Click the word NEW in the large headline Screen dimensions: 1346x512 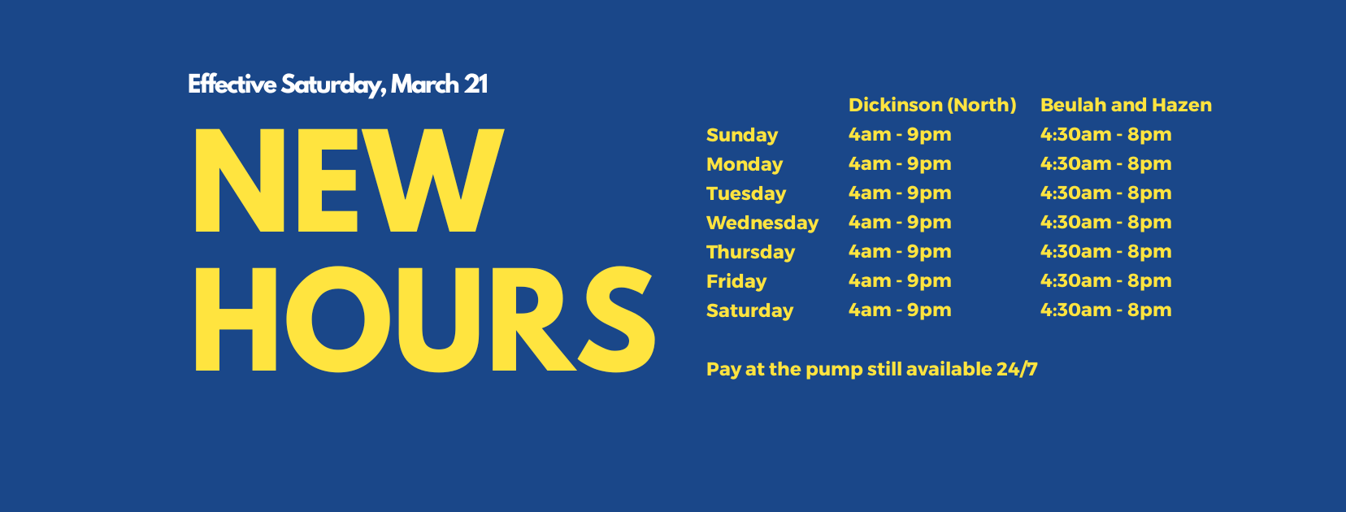point(349,180)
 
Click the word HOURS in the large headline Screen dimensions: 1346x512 point(425,319)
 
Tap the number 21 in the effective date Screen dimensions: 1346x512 point(475,85)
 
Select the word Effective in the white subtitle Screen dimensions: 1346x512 point(232,85)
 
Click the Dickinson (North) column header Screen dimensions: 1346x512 point(932,105)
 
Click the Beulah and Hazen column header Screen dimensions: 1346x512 point(1126,105)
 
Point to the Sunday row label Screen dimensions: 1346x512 point(742,135)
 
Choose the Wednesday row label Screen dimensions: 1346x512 point(762,223)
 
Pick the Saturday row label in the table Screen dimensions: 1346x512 point(750,310)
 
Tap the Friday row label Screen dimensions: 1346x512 point(736,281)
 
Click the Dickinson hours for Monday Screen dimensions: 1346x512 point(900,163)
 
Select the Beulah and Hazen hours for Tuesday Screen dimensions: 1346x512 point(1105,193)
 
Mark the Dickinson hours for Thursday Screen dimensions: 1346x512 point(900,251)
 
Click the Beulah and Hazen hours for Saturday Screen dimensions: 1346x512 point(1105,310)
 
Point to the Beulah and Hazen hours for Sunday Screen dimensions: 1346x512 point(1105,134)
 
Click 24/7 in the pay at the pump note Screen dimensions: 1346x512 point(1017,369)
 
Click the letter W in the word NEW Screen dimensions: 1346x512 point(432,180)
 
